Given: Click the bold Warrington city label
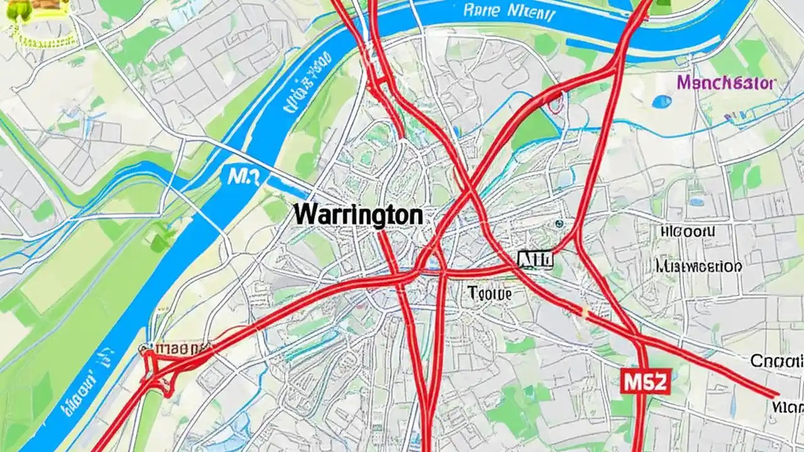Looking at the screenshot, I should (x=358, y=215).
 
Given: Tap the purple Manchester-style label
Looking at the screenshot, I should (x=727, y=82).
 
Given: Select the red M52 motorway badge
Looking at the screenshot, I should (x=646, y=380).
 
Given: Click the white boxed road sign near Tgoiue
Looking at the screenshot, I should (x=535, y=259).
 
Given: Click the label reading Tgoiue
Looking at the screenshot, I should (x=490, y=293).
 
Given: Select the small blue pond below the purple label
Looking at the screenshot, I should (x=661, y=101).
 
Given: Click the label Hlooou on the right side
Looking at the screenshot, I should (x=688, y=232).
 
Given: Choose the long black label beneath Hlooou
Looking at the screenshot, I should (x=698, y=266).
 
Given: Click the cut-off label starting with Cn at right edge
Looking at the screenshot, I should (x=778, y=360).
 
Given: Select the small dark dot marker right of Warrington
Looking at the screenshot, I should (x=558, y=223).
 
